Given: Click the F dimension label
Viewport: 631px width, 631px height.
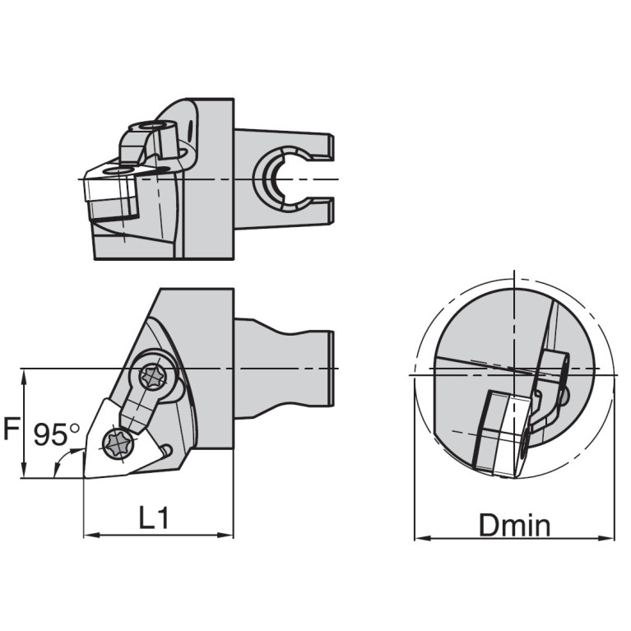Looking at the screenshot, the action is tap(12, 429).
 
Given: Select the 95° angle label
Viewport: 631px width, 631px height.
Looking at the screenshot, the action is tap(57, 434).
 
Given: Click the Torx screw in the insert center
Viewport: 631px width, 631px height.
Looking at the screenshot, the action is tap(119, 443).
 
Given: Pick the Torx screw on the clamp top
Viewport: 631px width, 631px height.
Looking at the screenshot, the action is tap(153, 377).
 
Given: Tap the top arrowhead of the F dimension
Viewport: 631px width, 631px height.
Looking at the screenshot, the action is tap(25, 377).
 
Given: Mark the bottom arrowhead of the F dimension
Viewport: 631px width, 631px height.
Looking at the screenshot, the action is tap(25, 470).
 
